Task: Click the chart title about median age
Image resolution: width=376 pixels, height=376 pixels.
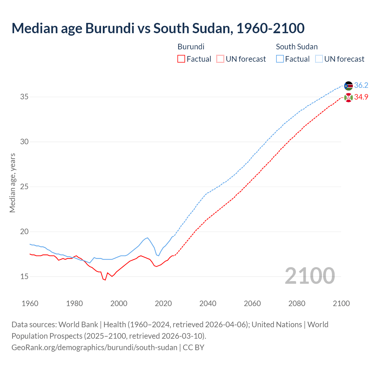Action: (x=158, y=28)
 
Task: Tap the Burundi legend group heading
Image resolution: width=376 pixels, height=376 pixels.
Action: (x=191, y=47)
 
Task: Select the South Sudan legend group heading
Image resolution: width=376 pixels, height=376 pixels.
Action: (x=297, y=47)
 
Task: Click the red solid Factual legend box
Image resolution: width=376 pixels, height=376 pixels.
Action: (x=181, y=59)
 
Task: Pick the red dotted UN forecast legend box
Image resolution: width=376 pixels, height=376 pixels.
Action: (x=220, y=59)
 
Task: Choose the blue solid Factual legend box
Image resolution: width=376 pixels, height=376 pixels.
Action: (x=280, y=59)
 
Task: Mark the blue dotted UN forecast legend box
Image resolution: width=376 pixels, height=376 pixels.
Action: (x=319, y=59)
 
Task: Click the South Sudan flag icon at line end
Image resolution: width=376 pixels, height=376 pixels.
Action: (x=348, y=86)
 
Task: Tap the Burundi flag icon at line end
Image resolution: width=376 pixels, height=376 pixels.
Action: (x=348, y=98)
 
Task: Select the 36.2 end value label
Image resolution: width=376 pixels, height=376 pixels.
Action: (x=361, y=85)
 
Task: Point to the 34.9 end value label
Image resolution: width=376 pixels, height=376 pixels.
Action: (x=361, y=97)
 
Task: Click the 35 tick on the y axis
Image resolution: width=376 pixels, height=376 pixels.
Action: (x=24, y=97)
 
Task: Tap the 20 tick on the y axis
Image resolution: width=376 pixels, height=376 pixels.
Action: (x=24, y=231)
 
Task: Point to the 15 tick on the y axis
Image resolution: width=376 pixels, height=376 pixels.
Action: (x=24, y=276)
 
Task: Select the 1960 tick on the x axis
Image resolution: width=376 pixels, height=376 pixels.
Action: (x=30, y=303)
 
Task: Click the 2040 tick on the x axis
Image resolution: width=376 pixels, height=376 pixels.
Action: (x=208, y=303)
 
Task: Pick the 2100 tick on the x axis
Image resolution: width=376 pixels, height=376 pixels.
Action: (x=341, y=303)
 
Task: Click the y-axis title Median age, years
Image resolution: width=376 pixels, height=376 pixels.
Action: (x=12, y=183)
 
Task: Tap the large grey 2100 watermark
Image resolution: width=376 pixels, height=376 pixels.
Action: (x=310, y=276)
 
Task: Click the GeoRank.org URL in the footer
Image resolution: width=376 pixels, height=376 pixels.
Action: (x=94, y=348)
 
